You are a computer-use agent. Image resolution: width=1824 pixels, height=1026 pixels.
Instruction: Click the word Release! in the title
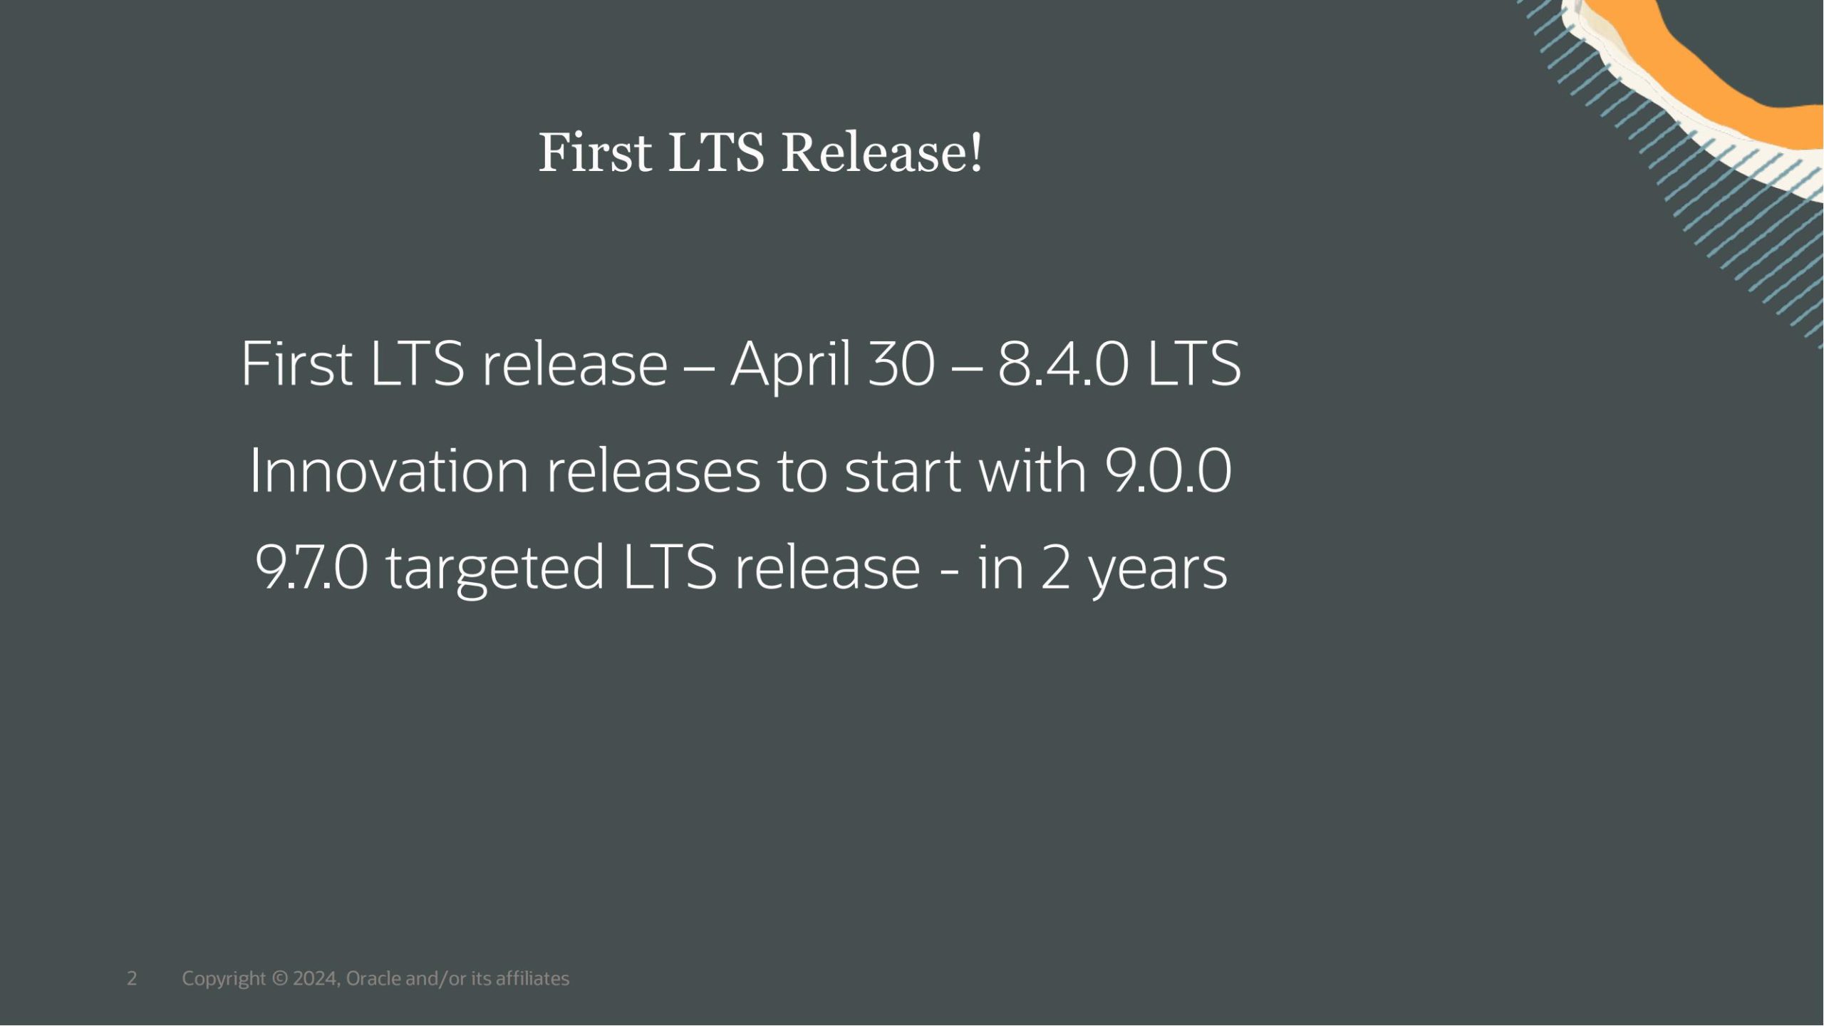[882, 152]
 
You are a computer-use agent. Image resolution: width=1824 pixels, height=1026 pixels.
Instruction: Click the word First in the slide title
[595, 152]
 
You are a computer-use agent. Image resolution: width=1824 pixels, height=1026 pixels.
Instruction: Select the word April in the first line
[791, 366]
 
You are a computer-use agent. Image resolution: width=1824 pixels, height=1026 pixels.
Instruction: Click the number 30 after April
[901, 365]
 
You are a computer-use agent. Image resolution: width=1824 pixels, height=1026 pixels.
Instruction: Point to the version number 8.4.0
[1063, 365]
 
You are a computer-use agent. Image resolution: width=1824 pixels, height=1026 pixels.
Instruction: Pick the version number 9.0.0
[1168, 471]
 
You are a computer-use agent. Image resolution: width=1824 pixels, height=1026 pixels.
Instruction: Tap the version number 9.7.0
[312, 567]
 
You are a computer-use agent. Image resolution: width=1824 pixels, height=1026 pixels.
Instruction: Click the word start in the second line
[903, 472]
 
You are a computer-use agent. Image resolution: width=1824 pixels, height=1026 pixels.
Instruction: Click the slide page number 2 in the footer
[132, 978]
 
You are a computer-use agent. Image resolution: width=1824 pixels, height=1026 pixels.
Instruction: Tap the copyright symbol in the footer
[280, 978]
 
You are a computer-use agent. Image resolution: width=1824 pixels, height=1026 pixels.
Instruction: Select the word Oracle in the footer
[373, 978]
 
